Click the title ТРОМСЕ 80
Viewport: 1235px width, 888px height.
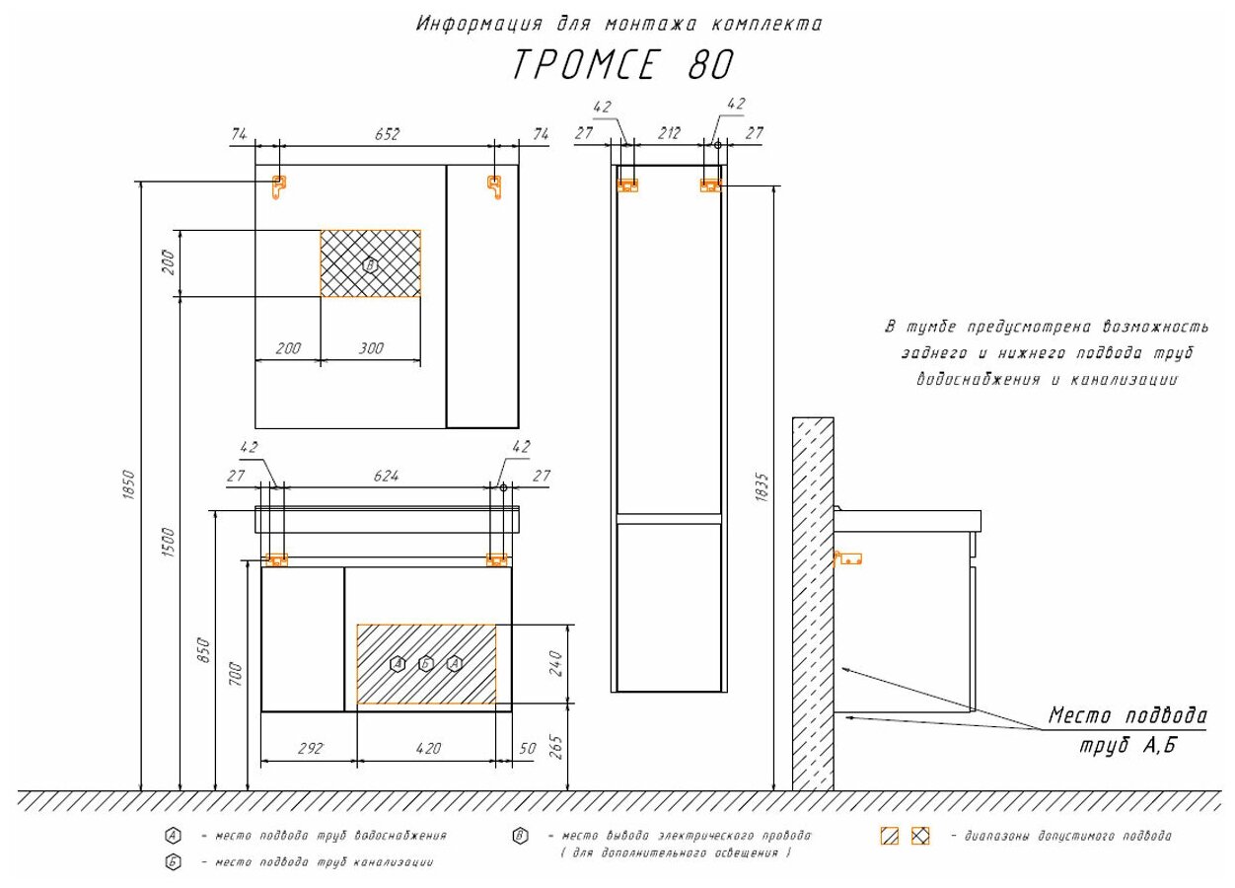[x=622, y=65]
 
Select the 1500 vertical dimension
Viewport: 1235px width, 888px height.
[x=169, y=541]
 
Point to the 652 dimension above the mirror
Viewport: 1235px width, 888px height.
[x=387, y=134]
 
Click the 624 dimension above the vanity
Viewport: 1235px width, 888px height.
[x=386, y=476]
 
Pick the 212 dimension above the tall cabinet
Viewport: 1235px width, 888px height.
[x=669, y=134]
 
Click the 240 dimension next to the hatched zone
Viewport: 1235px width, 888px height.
[x=555, y=663]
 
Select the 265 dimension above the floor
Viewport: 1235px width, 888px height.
[x=555, y=747]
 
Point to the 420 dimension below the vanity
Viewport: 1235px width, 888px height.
[x=427, y=748]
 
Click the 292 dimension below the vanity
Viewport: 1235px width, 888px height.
[x=309, y=748]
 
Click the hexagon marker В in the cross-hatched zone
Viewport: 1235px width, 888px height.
[x=370, y=264]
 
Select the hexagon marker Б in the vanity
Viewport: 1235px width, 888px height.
[x=426, y=663]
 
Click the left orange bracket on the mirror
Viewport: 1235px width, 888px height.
[x=279, y=185]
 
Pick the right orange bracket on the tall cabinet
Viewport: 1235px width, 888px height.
[x=709, y=185]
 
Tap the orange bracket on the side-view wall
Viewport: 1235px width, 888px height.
[x=848, y=558]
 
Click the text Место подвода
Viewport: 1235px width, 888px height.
[x=1126, y=714]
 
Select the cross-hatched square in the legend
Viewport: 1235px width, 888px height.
[x=919, y=836]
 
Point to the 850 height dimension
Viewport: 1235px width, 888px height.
[x=205, y=651]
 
